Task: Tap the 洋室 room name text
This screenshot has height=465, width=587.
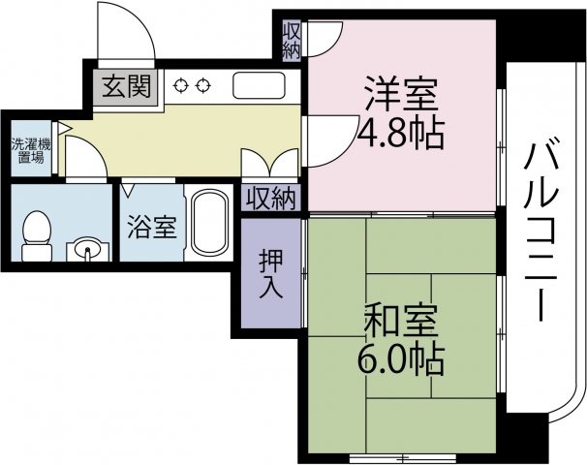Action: pyautogui.click(x=401, y=93)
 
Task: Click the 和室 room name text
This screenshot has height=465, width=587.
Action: pyautogui.click(x=402, y=320)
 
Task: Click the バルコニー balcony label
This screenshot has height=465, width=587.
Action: pyautogui.click(x=541, y=233)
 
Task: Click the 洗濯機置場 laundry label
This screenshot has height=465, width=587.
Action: pyautogui.click(x=26, y=150)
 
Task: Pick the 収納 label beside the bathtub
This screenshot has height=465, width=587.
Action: pyautogui.click(x=270, y=200)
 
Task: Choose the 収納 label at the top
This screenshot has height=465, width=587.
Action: pyautogui.click(x=292, y=41)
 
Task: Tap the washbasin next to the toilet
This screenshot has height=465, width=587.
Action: pyautogui.click(x=88, y=250)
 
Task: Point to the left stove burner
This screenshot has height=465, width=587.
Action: pyautogui.click(x=181, y=85)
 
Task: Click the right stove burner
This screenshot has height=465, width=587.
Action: pyautogui.click(x=202, y=85)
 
